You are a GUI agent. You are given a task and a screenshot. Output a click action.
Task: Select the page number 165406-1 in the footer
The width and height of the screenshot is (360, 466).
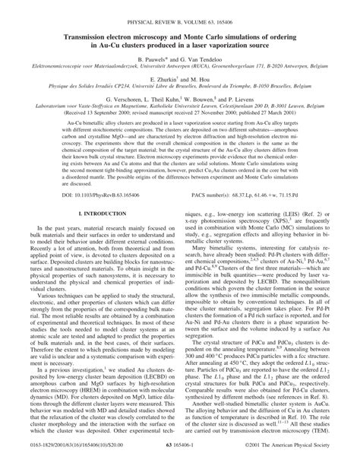pyautogui.click(x=180, y=458)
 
